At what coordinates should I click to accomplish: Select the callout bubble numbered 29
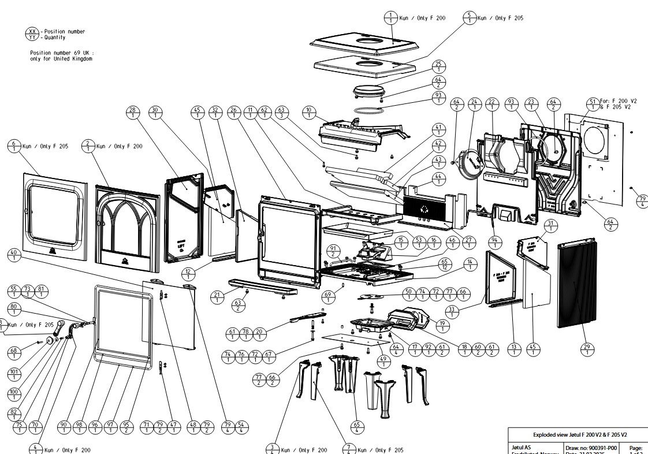[588, 349]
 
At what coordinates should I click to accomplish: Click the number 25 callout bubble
[438, 66]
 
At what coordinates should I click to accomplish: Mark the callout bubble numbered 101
[14, 374]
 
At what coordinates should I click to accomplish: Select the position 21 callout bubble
[217, 297]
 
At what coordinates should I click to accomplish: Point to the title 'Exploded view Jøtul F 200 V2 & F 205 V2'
[579, 434]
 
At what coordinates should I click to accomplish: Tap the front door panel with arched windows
[126, 228]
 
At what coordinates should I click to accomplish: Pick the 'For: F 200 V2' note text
[620, 101]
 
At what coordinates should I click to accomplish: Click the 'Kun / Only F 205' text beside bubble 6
[45, 147]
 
